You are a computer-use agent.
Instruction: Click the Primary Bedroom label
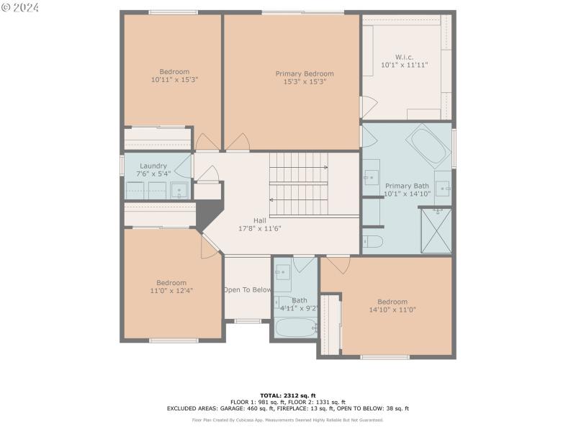click(x=305, y=73)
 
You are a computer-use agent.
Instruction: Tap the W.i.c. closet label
click(x=404, y=57)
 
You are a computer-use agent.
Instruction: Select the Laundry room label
click(x=153, y=166)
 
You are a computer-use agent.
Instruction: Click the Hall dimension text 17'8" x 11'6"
click(x=260, y=228)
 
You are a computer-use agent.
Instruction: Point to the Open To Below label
click(x=248, y=290)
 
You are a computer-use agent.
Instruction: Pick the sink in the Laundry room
click(x=180, y=191)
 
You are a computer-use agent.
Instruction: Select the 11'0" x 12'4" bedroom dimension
click(x=171, y=291)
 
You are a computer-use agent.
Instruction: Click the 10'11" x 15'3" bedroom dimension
click(x=174, y=80)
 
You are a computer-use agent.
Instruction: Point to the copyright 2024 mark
click(x=20, y=7)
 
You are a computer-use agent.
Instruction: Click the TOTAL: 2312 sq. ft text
click(x=288, y=395)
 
